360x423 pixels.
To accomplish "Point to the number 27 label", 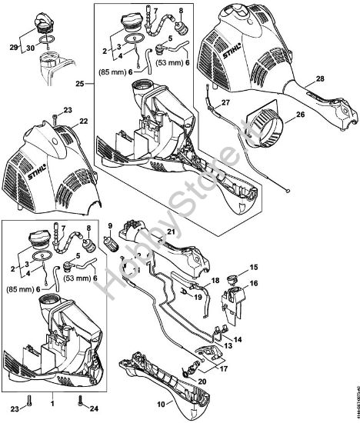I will (x=225, y=102).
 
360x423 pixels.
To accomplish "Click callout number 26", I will (x=301, y=116).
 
